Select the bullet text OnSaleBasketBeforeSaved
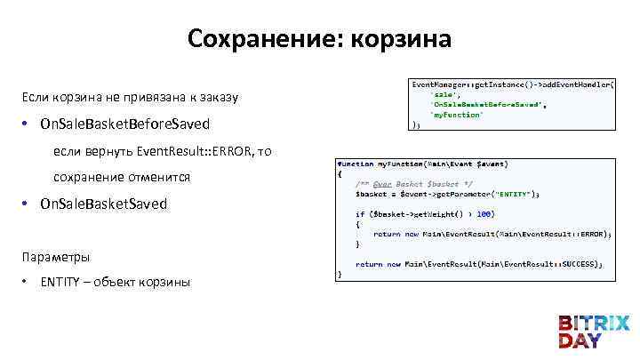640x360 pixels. pos(124,124)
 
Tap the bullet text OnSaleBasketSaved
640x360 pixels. pos(103,204)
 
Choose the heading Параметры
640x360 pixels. pos(56,257)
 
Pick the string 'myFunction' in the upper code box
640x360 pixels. pos(458,115)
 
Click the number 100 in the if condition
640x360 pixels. pos(484,213)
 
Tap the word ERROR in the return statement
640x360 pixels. pos(589,234)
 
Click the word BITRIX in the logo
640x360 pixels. pos(594,323)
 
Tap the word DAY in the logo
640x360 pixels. pos(580,340)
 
